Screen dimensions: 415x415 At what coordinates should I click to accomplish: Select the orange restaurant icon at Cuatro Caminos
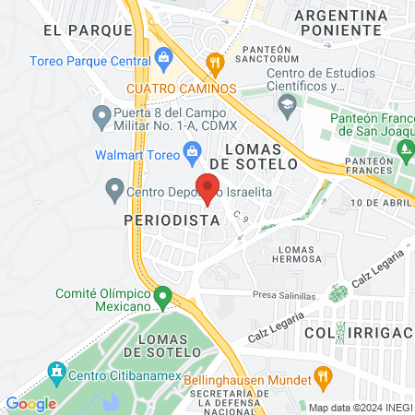pos(215,63)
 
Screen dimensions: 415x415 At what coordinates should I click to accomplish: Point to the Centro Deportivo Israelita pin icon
pos(114,192)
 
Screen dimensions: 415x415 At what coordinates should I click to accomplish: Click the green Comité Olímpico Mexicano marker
pos(163,298)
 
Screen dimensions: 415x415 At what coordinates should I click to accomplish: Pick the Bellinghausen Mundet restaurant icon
pos(322,376)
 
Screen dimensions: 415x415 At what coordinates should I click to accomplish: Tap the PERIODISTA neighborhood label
pos(171,221)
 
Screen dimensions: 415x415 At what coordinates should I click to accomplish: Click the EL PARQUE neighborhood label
pos(88,30)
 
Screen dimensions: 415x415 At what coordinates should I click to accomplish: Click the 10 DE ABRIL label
pos(381,202)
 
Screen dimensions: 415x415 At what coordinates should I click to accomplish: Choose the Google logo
pos(30,403)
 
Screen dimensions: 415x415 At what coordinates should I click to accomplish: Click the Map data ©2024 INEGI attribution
pos(359,408)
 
